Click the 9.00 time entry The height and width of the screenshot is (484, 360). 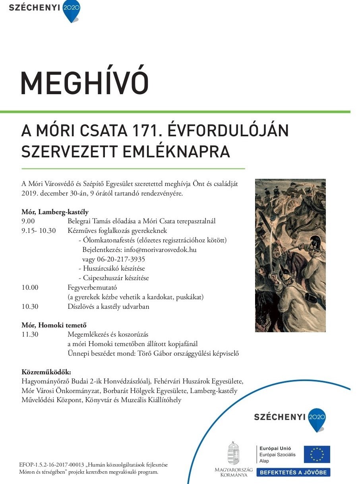pyautogui.click(x=28, y=221)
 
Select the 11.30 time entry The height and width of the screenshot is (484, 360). pyautogui.click(x=30, y=334)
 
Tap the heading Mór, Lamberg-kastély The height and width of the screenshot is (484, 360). pyautogui.click(x=55, y=211)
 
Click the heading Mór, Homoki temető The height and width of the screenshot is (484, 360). pyautogui.click(x=54, y=325)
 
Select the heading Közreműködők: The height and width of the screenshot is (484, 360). pyautogui.click(x=46, y=372)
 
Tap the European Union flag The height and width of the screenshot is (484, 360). pyautogui.click(x=317, y=454)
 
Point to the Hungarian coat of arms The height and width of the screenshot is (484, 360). pyautogui.click(x=233, y=453)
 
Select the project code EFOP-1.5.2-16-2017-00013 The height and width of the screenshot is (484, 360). pyautogui.click(x=52, y=465)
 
